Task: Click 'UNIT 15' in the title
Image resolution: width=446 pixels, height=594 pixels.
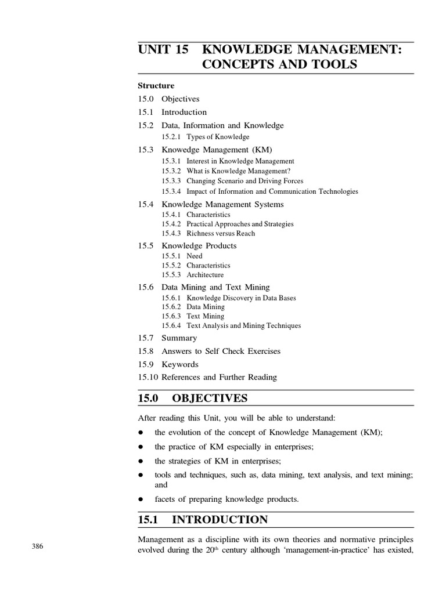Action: [x=163, y=50]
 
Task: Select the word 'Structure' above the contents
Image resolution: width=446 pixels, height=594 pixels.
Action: [x=156, y=85]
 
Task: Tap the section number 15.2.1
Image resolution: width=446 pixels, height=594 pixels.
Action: [x=172, y=137]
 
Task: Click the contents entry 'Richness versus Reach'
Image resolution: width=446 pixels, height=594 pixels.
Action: [x=221, y=233]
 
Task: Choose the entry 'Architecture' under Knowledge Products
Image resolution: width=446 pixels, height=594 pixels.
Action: [x=205, y=275]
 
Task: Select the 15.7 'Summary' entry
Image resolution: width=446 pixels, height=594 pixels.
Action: [x=179, y=338]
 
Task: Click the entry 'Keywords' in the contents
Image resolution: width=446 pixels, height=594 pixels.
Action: [x=179, y=364]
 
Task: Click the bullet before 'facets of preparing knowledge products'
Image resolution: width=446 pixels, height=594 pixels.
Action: [x=141, y=499]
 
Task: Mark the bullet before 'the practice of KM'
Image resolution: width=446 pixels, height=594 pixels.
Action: [x=141, y=447]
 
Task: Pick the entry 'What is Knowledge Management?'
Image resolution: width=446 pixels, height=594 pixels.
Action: [x=238, y=171]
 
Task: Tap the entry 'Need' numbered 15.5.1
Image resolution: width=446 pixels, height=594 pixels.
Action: [x=195, y=255]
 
